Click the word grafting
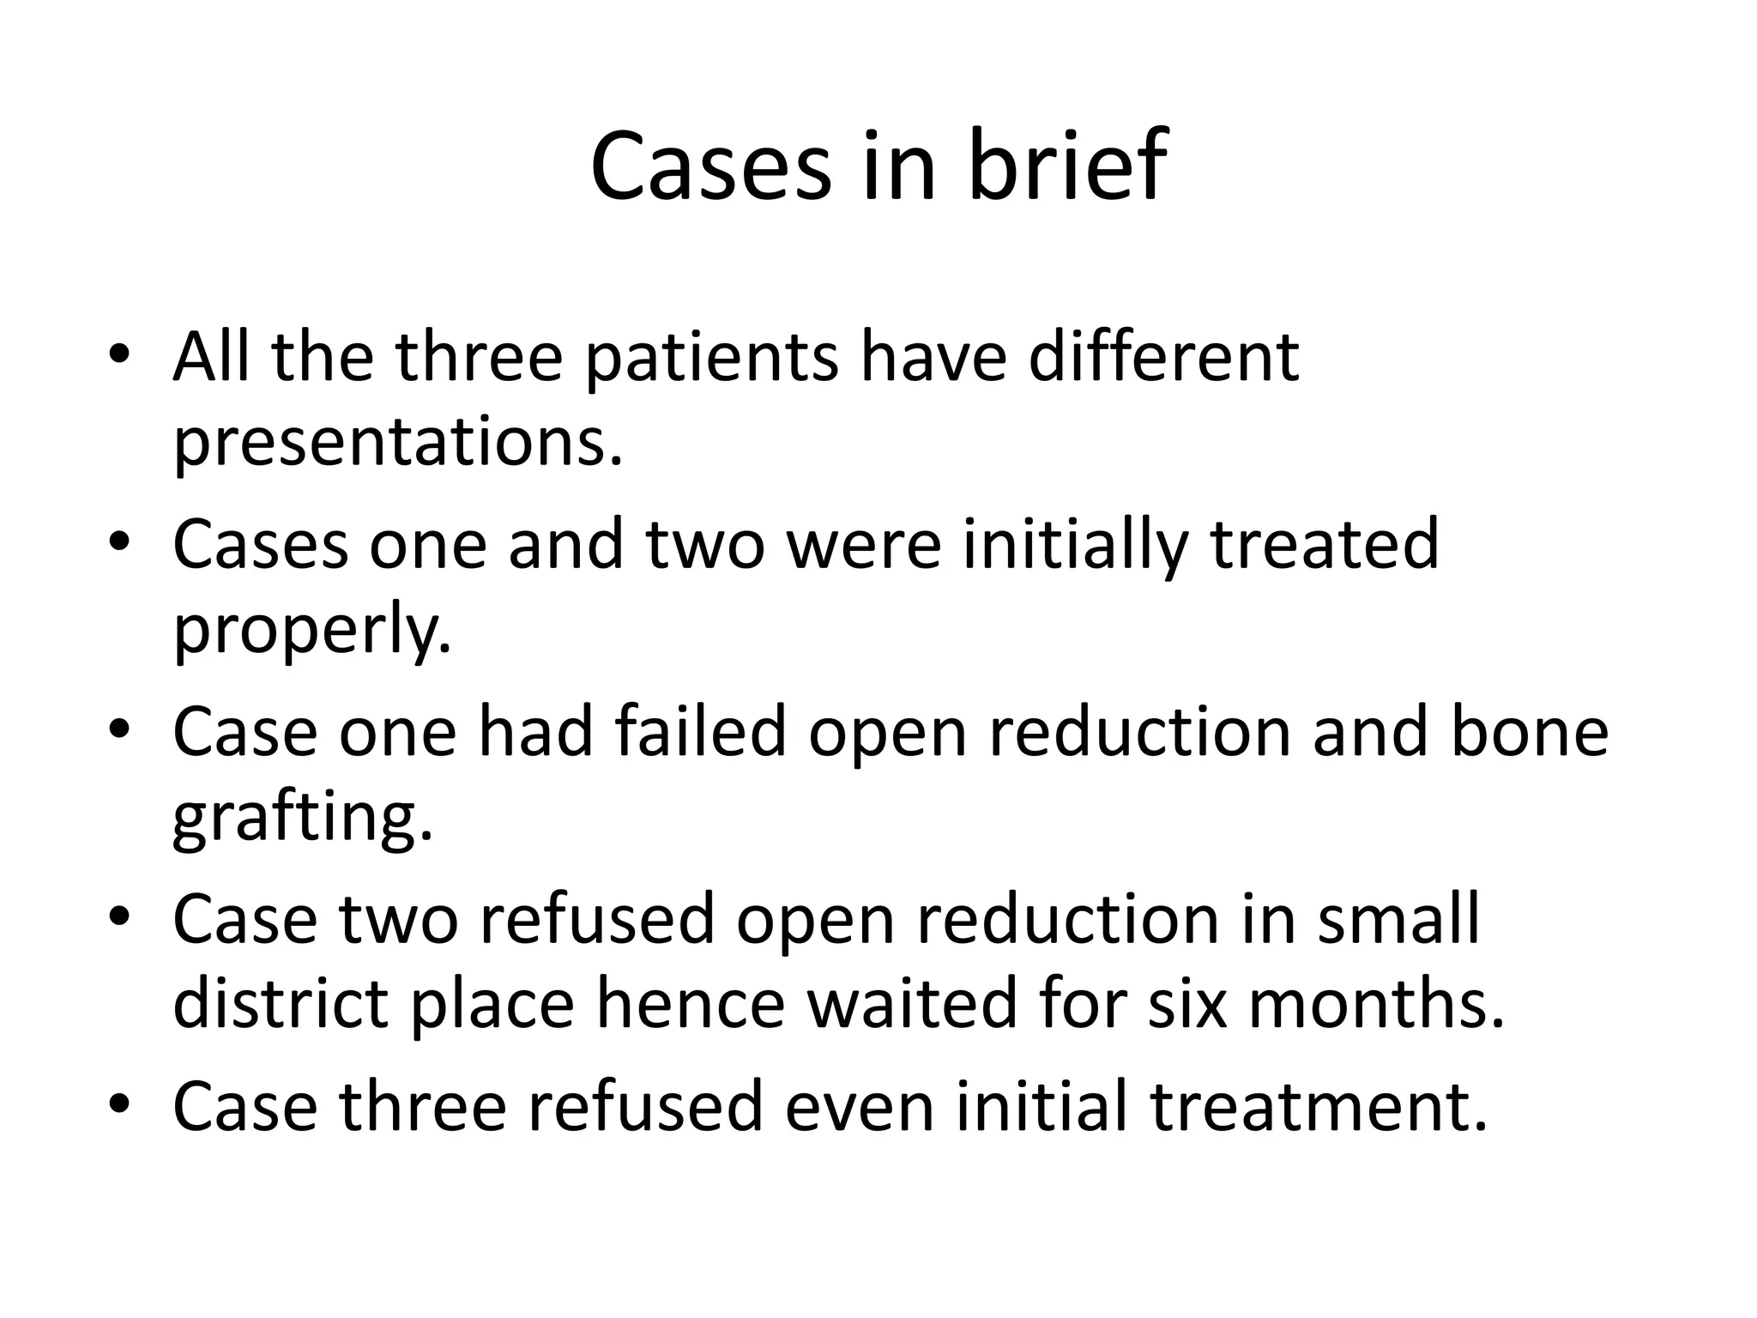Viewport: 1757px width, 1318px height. [303, 819]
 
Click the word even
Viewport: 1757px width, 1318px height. [859, 1107]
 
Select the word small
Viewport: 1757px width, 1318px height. [1398, 918]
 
